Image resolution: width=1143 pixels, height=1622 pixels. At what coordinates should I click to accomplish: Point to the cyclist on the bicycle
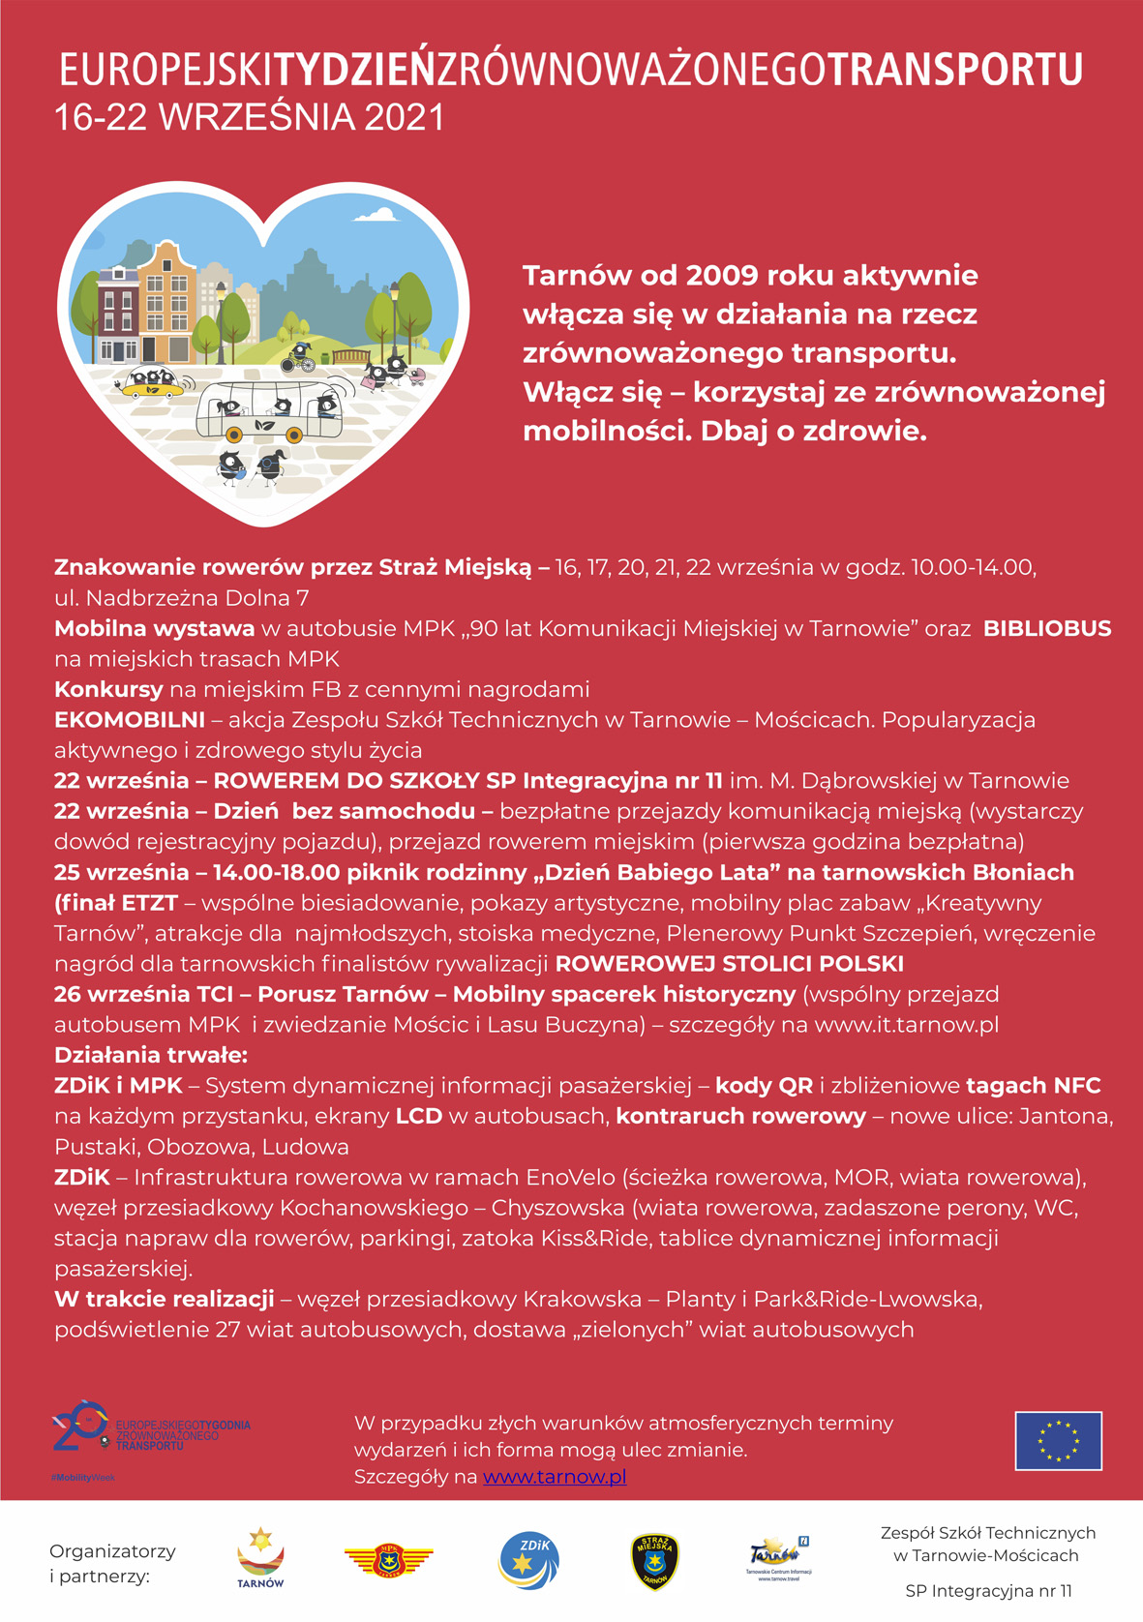[299, 357]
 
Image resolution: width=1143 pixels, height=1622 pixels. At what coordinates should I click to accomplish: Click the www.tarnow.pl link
[554, 1477]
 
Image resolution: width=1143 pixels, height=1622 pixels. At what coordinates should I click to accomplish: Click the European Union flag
[1058, 1440]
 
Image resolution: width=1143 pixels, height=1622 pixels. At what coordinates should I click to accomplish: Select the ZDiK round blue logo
[528, 1560]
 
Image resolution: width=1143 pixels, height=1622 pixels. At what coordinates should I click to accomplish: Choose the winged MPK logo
[389, 1559]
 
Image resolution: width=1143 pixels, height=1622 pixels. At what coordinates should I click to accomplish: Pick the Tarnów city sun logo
[260, 1557]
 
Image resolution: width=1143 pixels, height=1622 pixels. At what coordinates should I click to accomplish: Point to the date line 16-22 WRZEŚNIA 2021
[250, 118]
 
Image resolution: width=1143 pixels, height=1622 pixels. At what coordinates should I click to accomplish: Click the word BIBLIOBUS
[1047, 629]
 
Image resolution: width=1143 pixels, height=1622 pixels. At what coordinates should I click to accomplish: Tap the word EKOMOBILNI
[130, 720]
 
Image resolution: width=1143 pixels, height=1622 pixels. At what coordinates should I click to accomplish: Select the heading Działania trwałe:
[151, 1055]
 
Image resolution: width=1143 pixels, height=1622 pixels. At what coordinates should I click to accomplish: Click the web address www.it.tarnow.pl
[906, 1025]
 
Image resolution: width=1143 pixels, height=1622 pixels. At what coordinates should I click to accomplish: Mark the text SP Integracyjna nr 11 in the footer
[988, 1591]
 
